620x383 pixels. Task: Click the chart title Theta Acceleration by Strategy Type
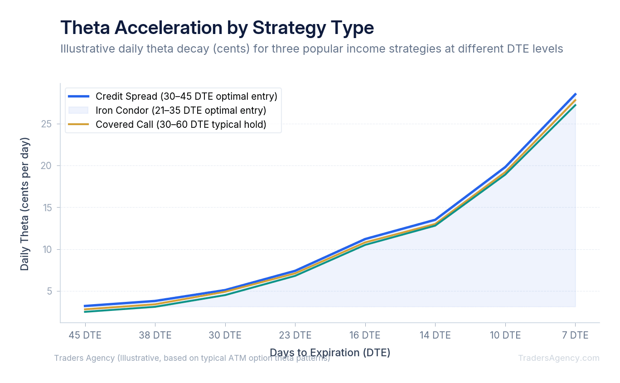point(217,28)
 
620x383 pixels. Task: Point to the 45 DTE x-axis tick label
point(85,335)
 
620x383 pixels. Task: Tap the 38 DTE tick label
point(155,335)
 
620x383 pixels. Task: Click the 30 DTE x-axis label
point(225,335)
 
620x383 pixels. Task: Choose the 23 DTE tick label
point(295,335)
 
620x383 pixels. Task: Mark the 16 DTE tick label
point(365,335)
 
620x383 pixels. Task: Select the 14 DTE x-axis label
point(435,335)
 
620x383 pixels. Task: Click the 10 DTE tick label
point(505,335)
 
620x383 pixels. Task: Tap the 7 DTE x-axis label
point(575,335)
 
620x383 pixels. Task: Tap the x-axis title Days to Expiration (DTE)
point(330,352)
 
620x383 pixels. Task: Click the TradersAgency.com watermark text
point(558,358)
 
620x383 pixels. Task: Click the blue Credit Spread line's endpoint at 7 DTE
point(575,94)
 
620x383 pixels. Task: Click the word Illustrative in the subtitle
point(86,48)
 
